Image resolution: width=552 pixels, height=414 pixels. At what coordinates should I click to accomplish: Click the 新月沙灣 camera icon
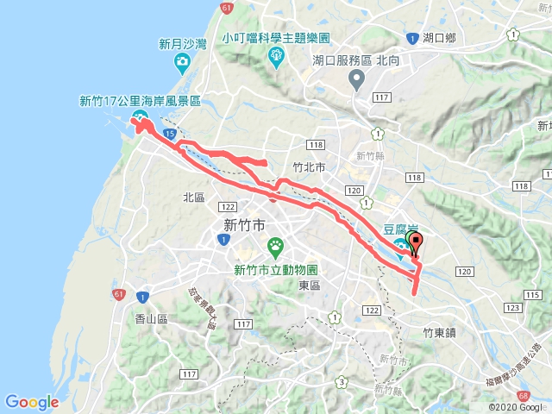(x=182, y=61)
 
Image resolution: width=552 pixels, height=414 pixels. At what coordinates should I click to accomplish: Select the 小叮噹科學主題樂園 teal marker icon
(x=276, y=57)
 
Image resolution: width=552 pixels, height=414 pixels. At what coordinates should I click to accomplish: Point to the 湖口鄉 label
(x=440, y=37)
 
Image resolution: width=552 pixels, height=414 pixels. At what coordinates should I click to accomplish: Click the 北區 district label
(x=193, y=198)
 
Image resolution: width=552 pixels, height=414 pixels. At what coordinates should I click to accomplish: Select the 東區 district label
(x=310, y=285)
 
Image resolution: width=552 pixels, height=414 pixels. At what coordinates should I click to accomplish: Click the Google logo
(x=32, y=402)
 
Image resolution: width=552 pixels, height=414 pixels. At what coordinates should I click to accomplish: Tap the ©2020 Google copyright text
(x=517, y=406)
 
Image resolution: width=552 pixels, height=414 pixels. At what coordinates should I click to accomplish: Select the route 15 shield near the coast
(x=169, y=135)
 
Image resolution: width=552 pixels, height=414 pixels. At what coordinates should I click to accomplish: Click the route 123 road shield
(x=514, y=307)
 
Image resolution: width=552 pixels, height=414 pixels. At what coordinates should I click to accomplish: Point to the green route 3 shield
(x=342, y=381)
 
